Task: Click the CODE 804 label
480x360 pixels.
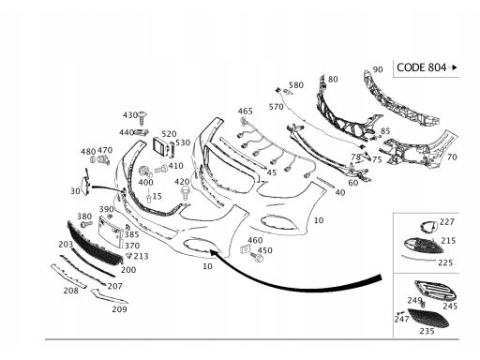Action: point(421,67)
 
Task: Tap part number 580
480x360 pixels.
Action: point(296,85)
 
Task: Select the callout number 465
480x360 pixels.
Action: point(246,111)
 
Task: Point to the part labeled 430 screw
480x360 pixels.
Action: point(143,118)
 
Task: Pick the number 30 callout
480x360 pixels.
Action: point(75,191)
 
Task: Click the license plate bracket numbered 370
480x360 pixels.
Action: point(111,232)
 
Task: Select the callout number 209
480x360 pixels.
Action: point(119,309)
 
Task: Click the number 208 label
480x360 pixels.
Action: point(71,291)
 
